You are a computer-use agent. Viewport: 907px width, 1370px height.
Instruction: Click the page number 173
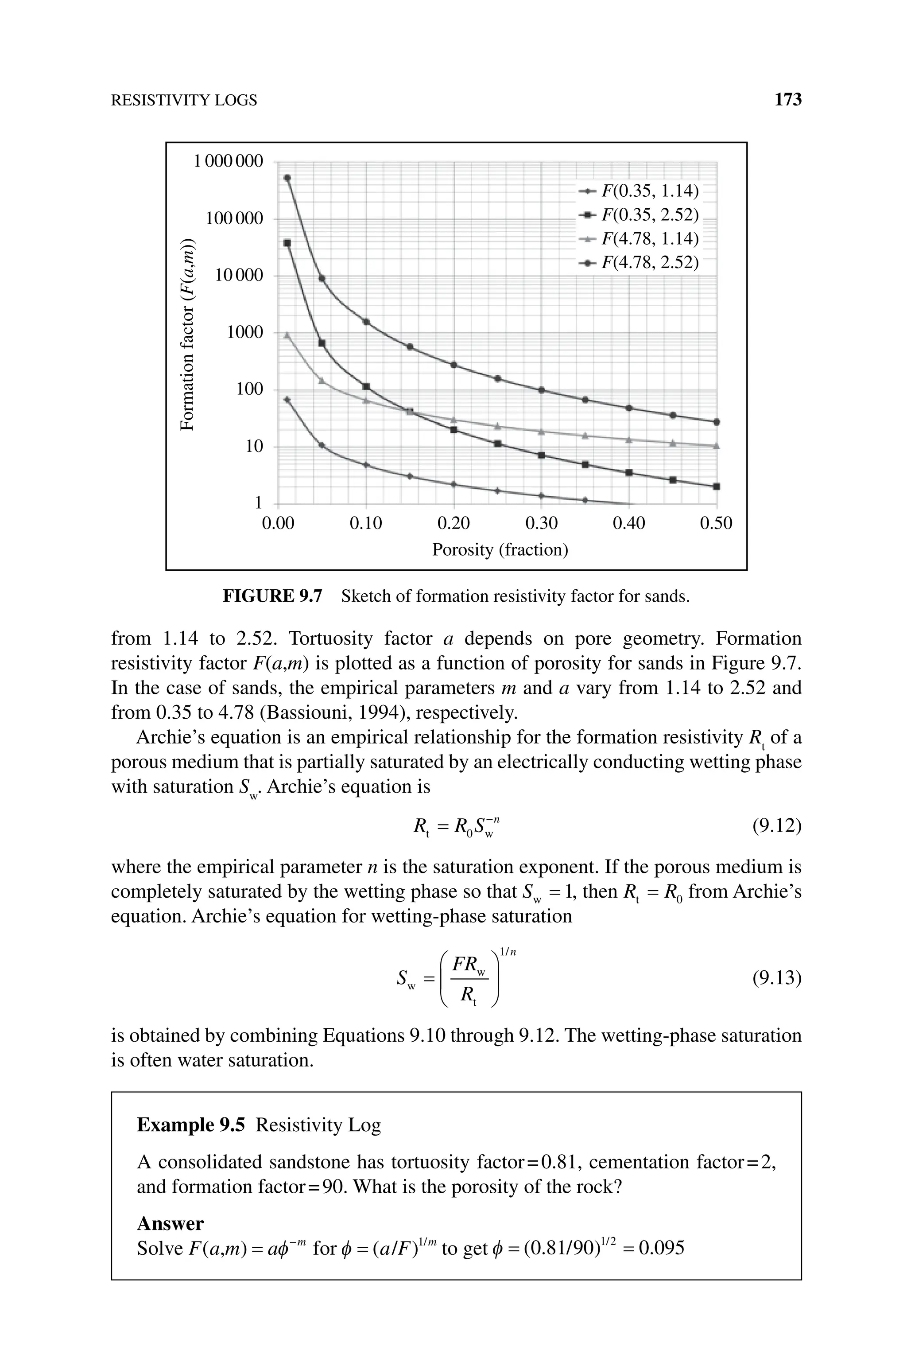coord(787,100)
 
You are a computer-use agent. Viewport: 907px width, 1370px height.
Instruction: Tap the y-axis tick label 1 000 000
coord(228,161)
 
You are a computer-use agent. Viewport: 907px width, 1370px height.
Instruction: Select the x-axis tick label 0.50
coord(716,524)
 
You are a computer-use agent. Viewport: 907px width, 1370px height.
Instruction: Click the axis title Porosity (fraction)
coord(500,549)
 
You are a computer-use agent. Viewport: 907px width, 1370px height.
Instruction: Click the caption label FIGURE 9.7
coord(272,596)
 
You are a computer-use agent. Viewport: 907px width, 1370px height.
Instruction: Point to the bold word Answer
coord(170,1224)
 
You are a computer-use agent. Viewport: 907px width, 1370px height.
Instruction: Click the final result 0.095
coord(665,1249)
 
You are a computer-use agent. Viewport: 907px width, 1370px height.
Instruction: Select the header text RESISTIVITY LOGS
coord(183,101)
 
